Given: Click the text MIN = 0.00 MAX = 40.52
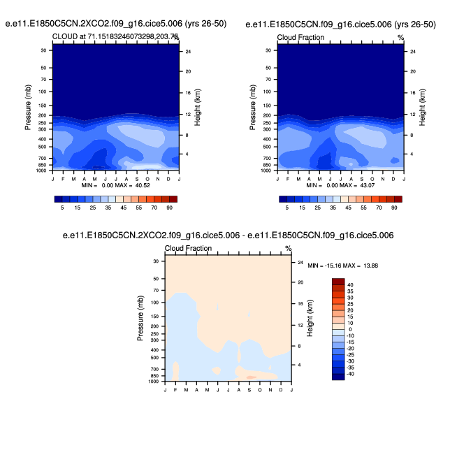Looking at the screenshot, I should point(115,186).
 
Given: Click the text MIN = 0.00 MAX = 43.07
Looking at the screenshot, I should point(340,186).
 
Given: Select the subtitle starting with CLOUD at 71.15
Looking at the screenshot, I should point(115,36).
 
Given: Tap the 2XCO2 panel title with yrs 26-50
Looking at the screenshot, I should point(116,24).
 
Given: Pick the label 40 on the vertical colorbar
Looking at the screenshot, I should point(350,285).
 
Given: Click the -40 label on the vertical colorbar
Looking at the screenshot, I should point(351,374).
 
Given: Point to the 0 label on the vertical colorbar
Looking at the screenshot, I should point(349,329).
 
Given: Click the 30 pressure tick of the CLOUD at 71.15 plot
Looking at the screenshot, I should point(43,50).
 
